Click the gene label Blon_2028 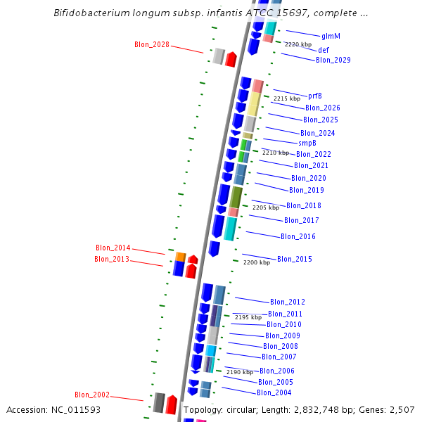[x=151, y=44]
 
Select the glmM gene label [x=331, y=36]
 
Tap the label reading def [x=323, y=50]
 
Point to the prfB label [x=316, y=96]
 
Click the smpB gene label [x=307, y=143]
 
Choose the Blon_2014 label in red [x=113, y=248]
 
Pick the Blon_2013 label [x=112, y=259]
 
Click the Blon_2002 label [x=92, y=395]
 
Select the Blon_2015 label [x=294, y=259]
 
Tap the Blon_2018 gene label [x=303, y=205]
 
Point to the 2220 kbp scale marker [x=298, y=44]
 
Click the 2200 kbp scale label [x=256, y=262]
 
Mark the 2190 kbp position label [x=239, y=372]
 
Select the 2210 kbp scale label [x=275, y=153]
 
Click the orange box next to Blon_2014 [x=180, y=256]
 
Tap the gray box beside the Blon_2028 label [x=219, y=56]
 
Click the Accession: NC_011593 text [x=53, y=409]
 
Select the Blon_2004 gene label [x=274, y=392]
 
